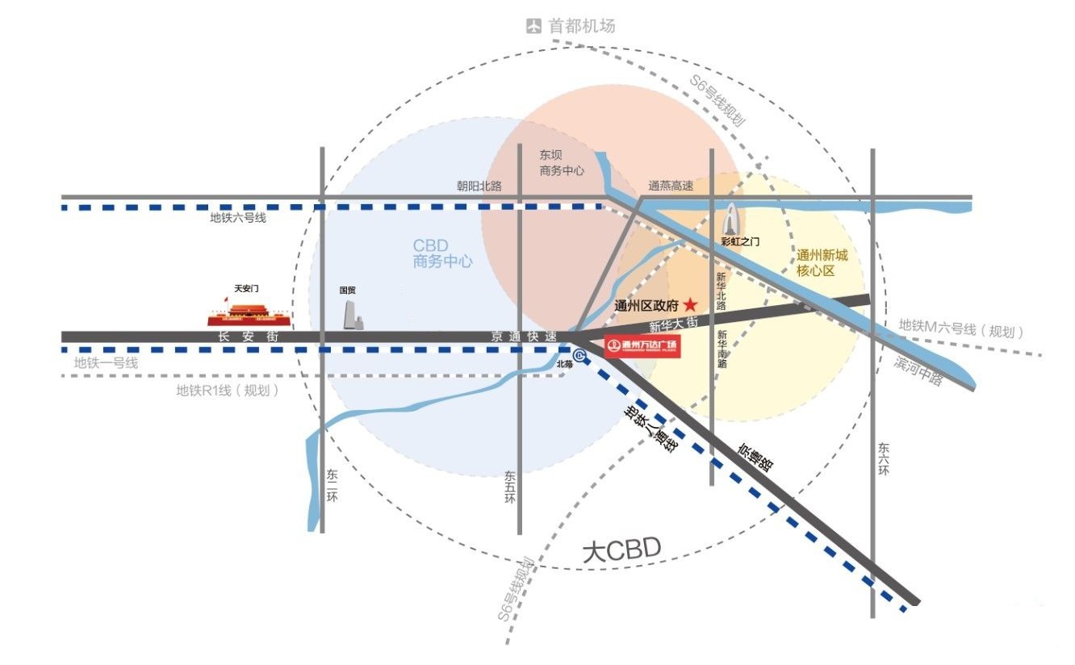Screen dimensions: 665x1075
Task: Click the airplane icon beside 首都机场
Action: coord(533,26)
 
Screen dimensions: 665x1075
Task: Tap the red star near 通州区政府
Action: coord(691,305)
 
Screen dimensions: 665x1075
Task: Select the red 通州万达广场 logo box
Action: coord(642,347)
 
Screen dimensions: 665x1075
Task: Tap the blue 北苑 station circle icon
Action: coord(579,354)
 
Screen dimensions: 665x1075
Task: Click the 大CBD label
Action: coord(621,552)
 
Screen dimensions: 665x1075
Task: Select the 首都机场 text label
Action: coord(582,26)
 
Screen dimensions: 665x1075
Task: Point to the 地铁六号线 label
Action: coord(238,218)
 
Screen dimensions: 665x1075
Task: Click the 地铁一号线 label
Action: coord(106,363)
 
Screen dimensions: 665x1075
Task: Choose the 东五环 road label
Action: coord(509,487)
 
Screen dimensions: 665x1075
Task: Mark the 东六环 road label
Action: coord(884,458)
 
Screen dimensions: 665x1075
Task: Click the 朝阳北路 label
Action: coord(479,186)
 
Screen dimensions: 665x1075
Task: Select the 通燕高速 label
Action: coord(671,186)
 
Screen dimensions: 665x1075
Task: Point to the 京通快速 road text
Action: coord(525,336)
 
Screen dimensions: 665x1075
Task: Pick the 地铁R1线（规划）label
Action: coord(228,391)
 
